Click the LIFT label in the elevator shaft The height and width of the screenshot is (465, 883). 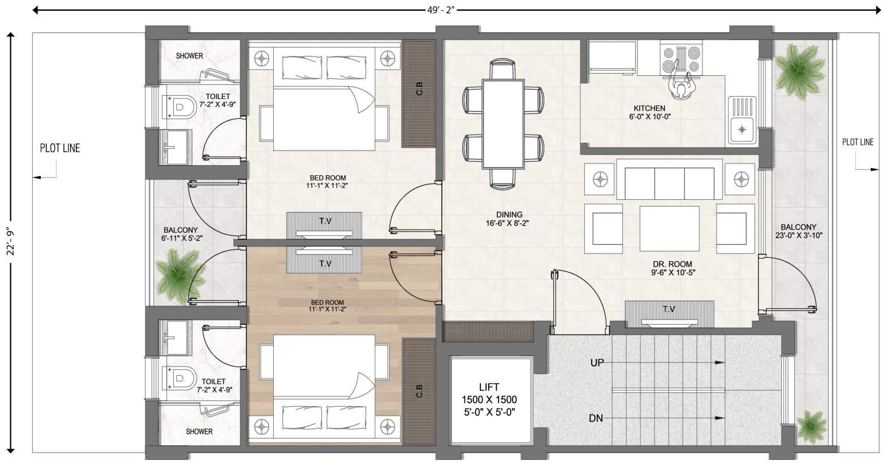coord(489,386)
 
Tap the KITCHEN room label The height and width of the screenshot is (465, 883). coord(649,108)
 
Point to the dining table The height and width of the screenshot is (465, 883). coord(503,124)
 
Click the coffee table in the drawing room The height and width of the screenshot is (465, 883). coord(669,228)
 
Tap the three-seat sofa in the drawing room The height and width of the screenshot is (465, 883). coord(669,180)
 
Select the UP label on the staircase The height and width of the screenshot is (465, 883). coord(597,363)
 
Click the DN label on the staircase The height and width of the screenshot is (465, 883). coord(596,418)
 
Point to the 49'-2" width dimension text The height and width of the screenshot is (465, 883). coord(441,10)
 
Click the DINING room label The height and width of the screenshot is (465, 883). coord(509,214)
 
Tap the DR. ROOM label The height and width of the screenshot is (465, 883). coord(672,264)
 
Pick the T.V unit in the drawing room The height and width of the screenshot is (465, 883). coord(669,314)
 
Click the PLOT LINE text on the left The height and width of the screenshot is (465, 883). coord(60,148)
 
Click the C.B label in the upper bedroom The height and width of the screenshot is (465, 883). coord(419,89)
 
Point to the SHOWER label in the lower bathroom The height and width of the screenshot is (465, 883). coord(199,432)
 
